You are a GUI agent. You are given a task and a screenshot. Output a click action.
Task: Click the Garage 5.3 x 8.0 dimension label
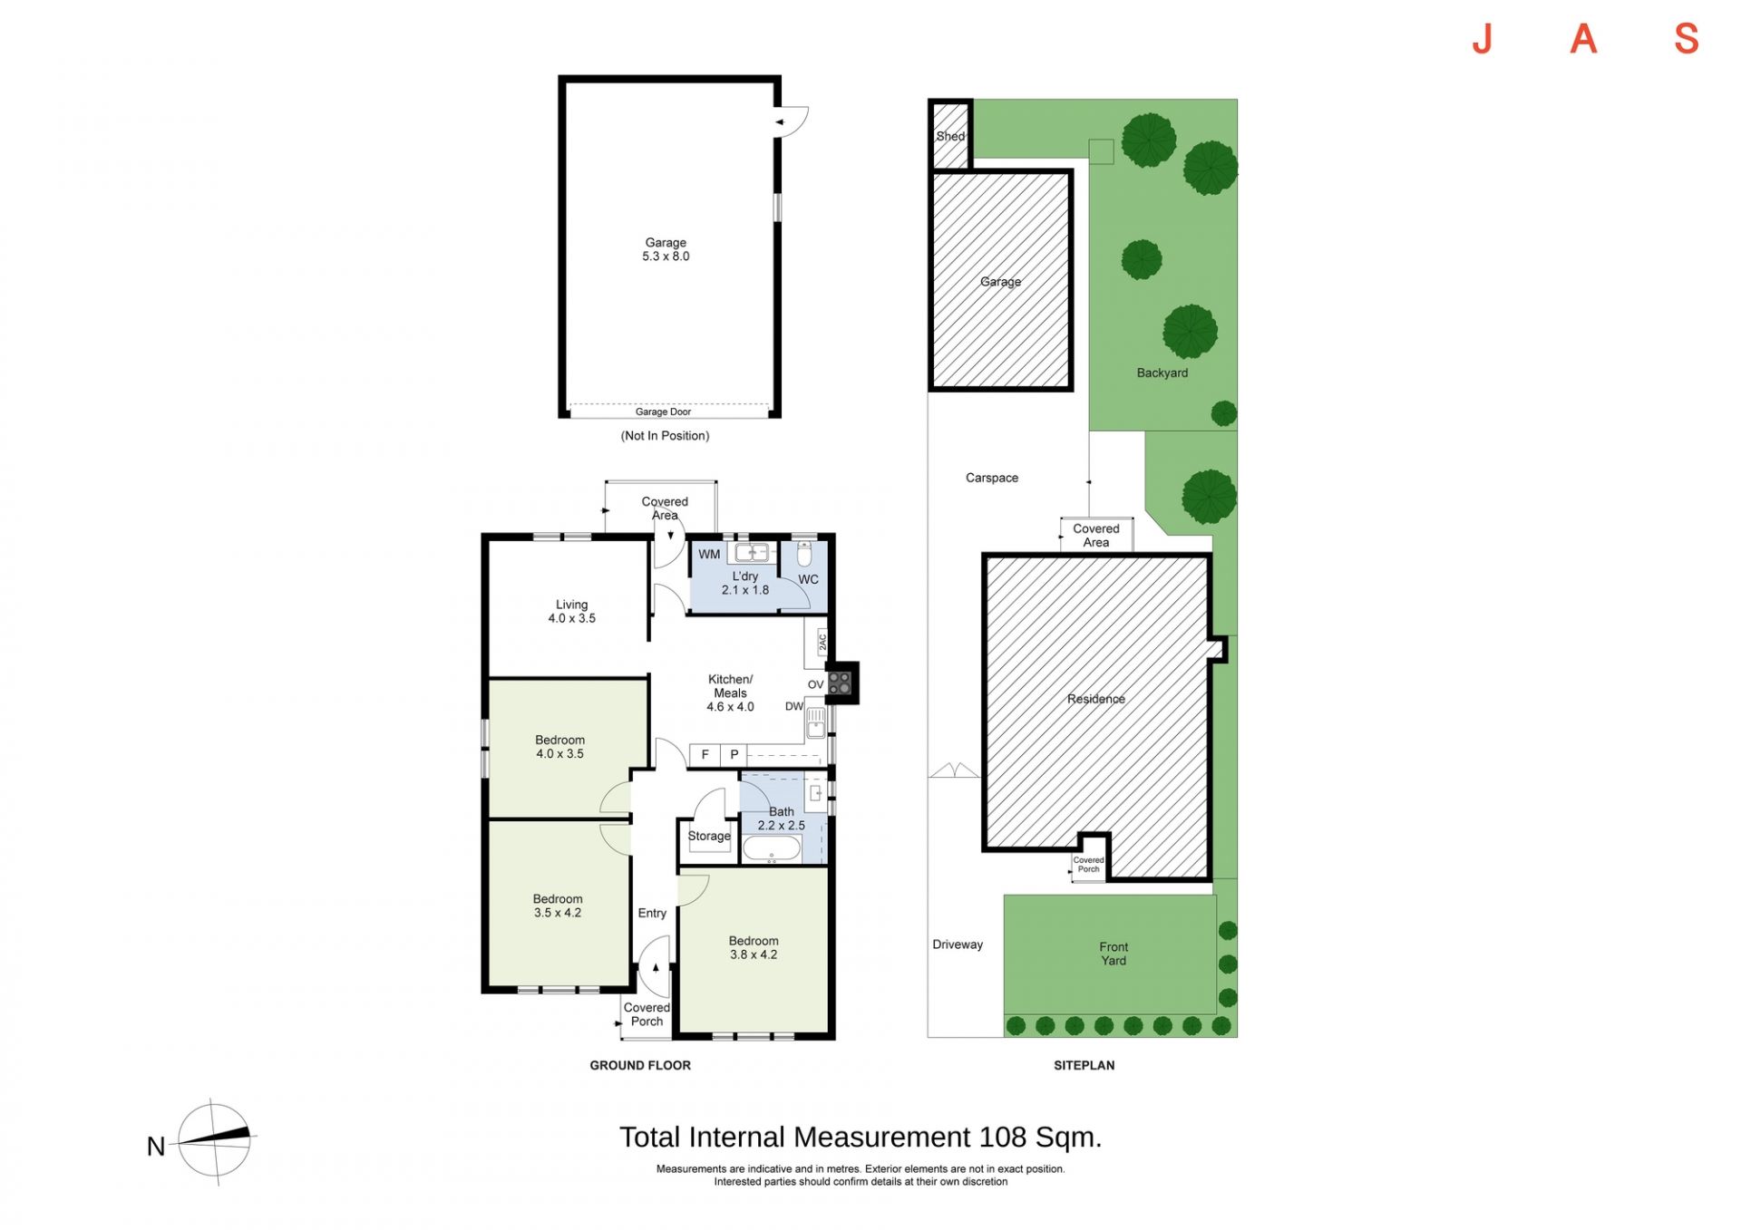[x=666, y=249]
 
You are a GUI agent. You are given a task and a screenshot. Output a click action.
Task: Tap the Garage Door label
[x=663, y=412]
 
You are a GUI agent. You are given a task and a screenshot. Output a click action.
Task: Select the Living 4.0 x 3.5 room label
[x=571, y=611]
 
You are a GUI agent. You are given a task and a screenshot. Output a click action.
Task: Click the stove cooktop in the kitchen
[x=840, y=683]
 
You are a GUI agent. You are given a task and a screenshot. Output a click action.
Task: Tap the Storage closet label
[x=709, y=836]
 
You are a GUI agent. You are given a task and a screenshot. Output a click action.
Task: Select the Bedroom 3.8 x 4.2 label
[x=754, y=947]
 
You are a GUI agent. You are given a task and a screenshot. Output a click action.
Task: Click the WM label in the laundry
[x=709, y=554]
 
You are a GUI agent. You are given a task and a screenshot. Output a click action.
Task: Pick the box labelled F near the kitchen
[x=705, y=754]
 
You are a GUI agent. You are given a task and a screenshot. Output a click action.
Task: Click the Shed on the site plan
[x=950, y=136]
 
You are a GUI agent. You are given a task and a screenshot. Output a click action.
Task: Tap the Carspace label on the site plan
[x=992, y=478]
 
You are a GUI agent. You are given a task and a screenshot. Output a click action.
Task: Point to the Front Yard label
[x=1114, y=954]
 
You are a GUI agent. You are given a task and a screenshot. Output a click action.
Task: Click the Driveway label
[x=958, y=944]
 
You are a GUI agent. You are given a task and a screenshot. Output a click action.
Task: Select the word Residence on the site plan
[x=1096, y=699]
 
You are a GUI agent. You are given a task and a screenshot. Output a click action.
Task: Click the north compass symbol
[x=214, y=1140]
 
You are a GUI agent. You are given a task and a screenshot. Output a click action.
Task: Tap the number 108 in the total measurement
[x=1003, y=1137]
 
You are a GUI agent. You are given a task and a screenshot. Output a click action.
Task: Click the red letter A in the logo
[x=1583, y=39]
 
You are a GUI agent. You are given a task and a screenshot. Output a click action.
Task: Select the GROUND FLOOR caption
[x=640, y=1065]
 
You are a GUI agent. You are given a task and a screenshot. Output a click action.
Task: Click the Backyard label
[x=1162, y=373]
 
